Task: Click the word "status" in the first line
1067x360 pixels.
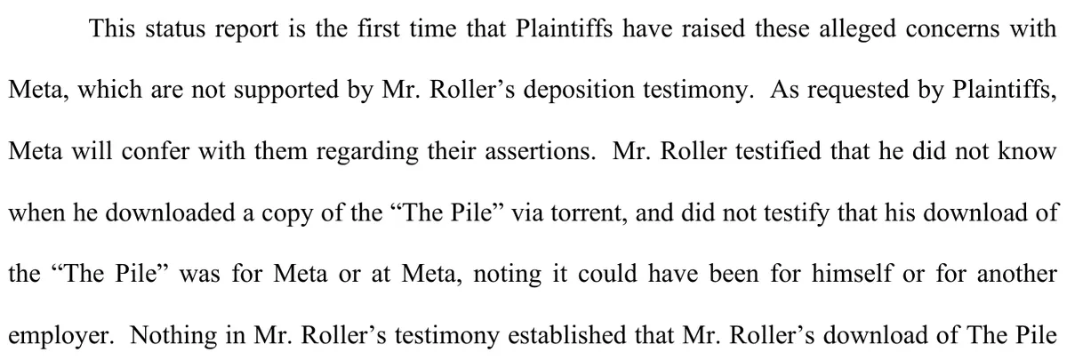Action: (175, 28)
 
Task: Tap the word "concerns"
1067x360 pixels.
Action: (952, 29)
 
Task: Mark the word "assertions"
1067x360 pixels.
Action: (541, 152)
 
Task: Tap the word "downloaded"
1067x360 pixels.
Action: (170, 212)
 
